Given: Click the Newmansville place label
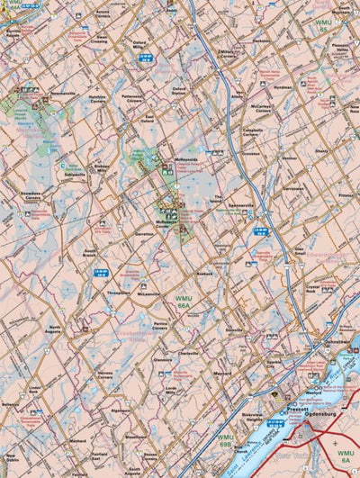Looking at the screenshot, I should pos(63,94).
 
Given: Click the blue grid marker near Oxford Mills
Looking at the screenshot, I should pos(150,57).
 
